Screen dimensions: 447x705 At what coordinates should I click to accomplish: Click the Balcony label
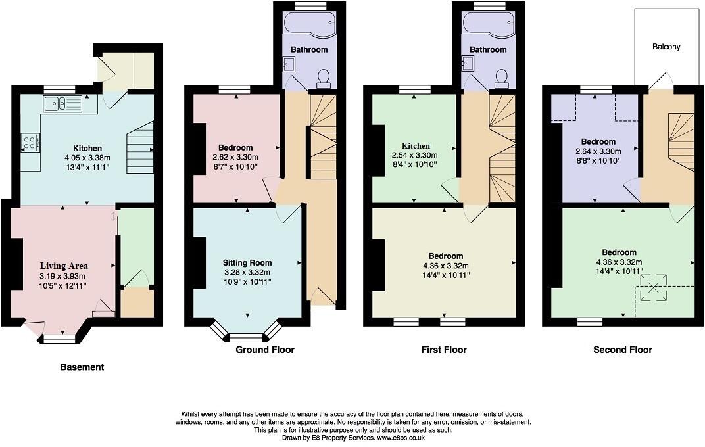(x=666, y=47)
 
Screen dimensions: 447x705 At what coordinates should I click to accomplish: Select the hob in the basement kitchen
(x=30, y=142)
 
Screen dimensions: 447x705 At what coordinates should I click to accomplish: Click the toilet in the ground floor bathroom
(x=323, y=78)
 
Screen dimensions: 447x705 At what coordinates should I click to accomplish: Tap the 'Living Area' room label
(x=62, y=266)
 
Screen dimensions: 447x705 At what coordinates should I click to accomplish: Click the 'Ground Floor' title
(x=265, y=350)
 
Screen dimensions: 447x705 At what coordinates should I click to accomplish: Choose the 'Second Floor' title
(x=622, y=350)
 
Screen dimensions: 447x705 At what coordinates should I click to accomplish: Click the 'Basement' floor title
(x=82, y=367)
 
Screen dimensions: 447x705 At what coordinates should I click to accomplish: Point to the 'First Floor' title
(x=444, y=350)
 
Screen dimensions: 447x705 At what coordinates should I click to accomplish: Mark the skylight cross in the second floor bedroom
(x=654, y=287)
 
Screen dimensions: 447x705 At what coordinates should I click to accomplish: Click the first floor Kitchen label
(x=416, y=146)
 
